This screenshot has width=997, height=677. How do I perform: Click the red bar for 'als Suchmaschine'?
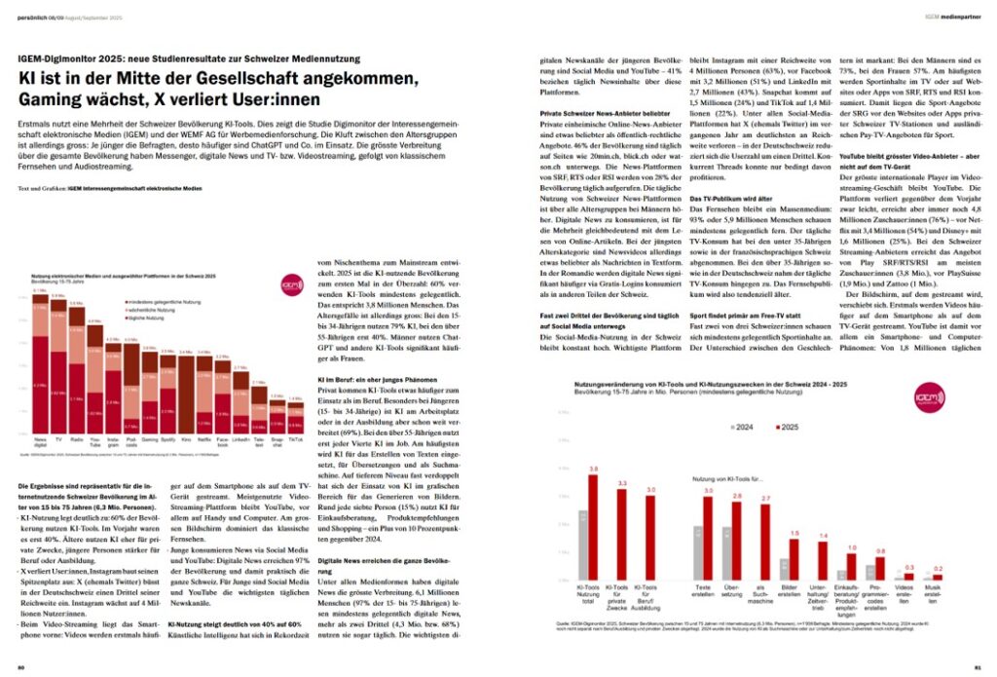(764, 540)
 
